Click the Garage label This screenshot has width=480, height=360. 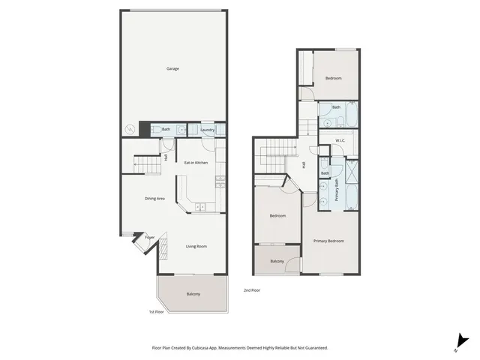(x=172, y=68)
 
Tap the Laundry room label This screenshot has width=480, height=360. (x=208, y=130)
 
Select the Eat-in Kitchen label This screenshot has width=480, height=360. (x=196, y=163)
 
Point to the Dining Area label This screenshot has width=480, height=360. (x=155, y=198)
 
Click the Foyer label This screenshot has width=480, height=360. (x=150, y=237)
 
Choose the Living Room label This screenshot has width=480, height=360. (x=196, y=246)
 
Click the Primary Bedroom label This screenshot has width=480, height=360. (x=328, y=241)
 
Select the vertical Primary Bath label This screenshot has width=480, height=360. (x=337, y=190)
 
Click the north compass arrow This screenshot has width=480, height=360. (x=459, y=342)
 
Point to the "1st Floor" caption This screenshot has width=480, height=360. (x=156, y=311)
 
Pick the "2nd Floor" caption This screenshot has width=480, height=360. (x=251, y=290)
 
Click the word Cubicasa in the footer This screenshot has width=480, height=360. (x=201, y=348)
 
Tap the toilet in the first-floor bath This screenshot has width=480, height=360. (x=155, y=130)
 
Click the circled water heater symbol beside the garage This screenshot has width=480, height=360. (x=130, y=130)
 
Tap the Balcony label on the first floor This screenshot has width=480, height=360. (x=193, y=294)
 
